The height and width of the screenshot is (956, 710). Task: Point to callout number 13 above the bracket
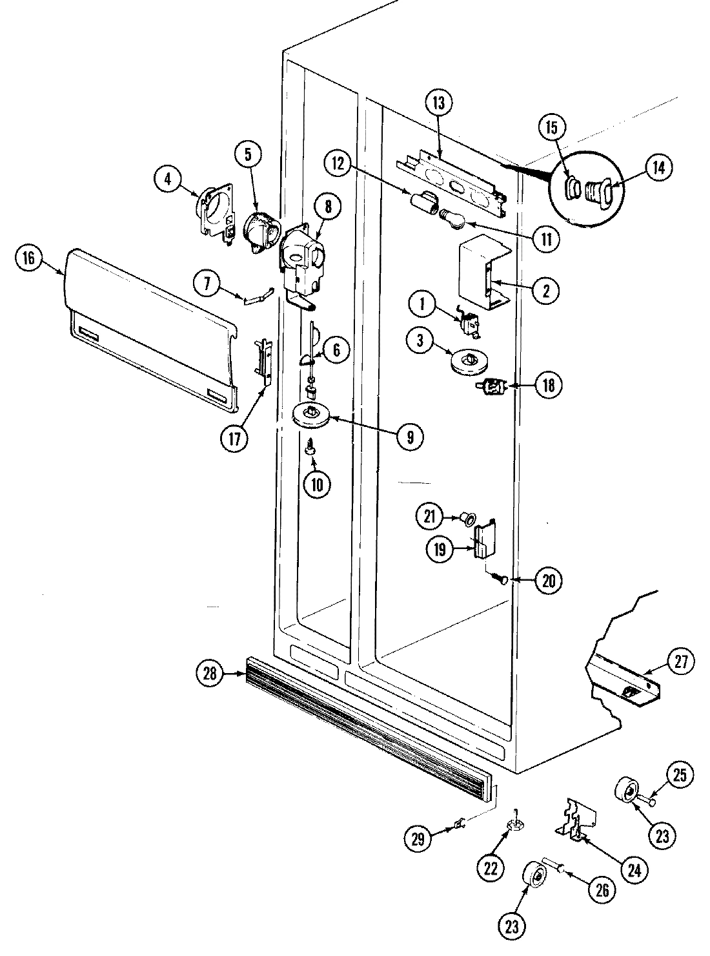pyautogui.click(x=440, y=103)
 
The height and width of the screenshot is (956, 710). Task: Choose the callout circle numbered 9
pyautogui.click(x=411, y=437)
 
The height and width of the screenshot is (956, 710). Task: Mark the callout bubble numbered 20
pyautogui.click(x=548, y=580)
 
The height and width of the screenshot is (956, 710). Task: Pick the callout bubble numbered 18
pyautogui.click(x=548, y=386)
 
